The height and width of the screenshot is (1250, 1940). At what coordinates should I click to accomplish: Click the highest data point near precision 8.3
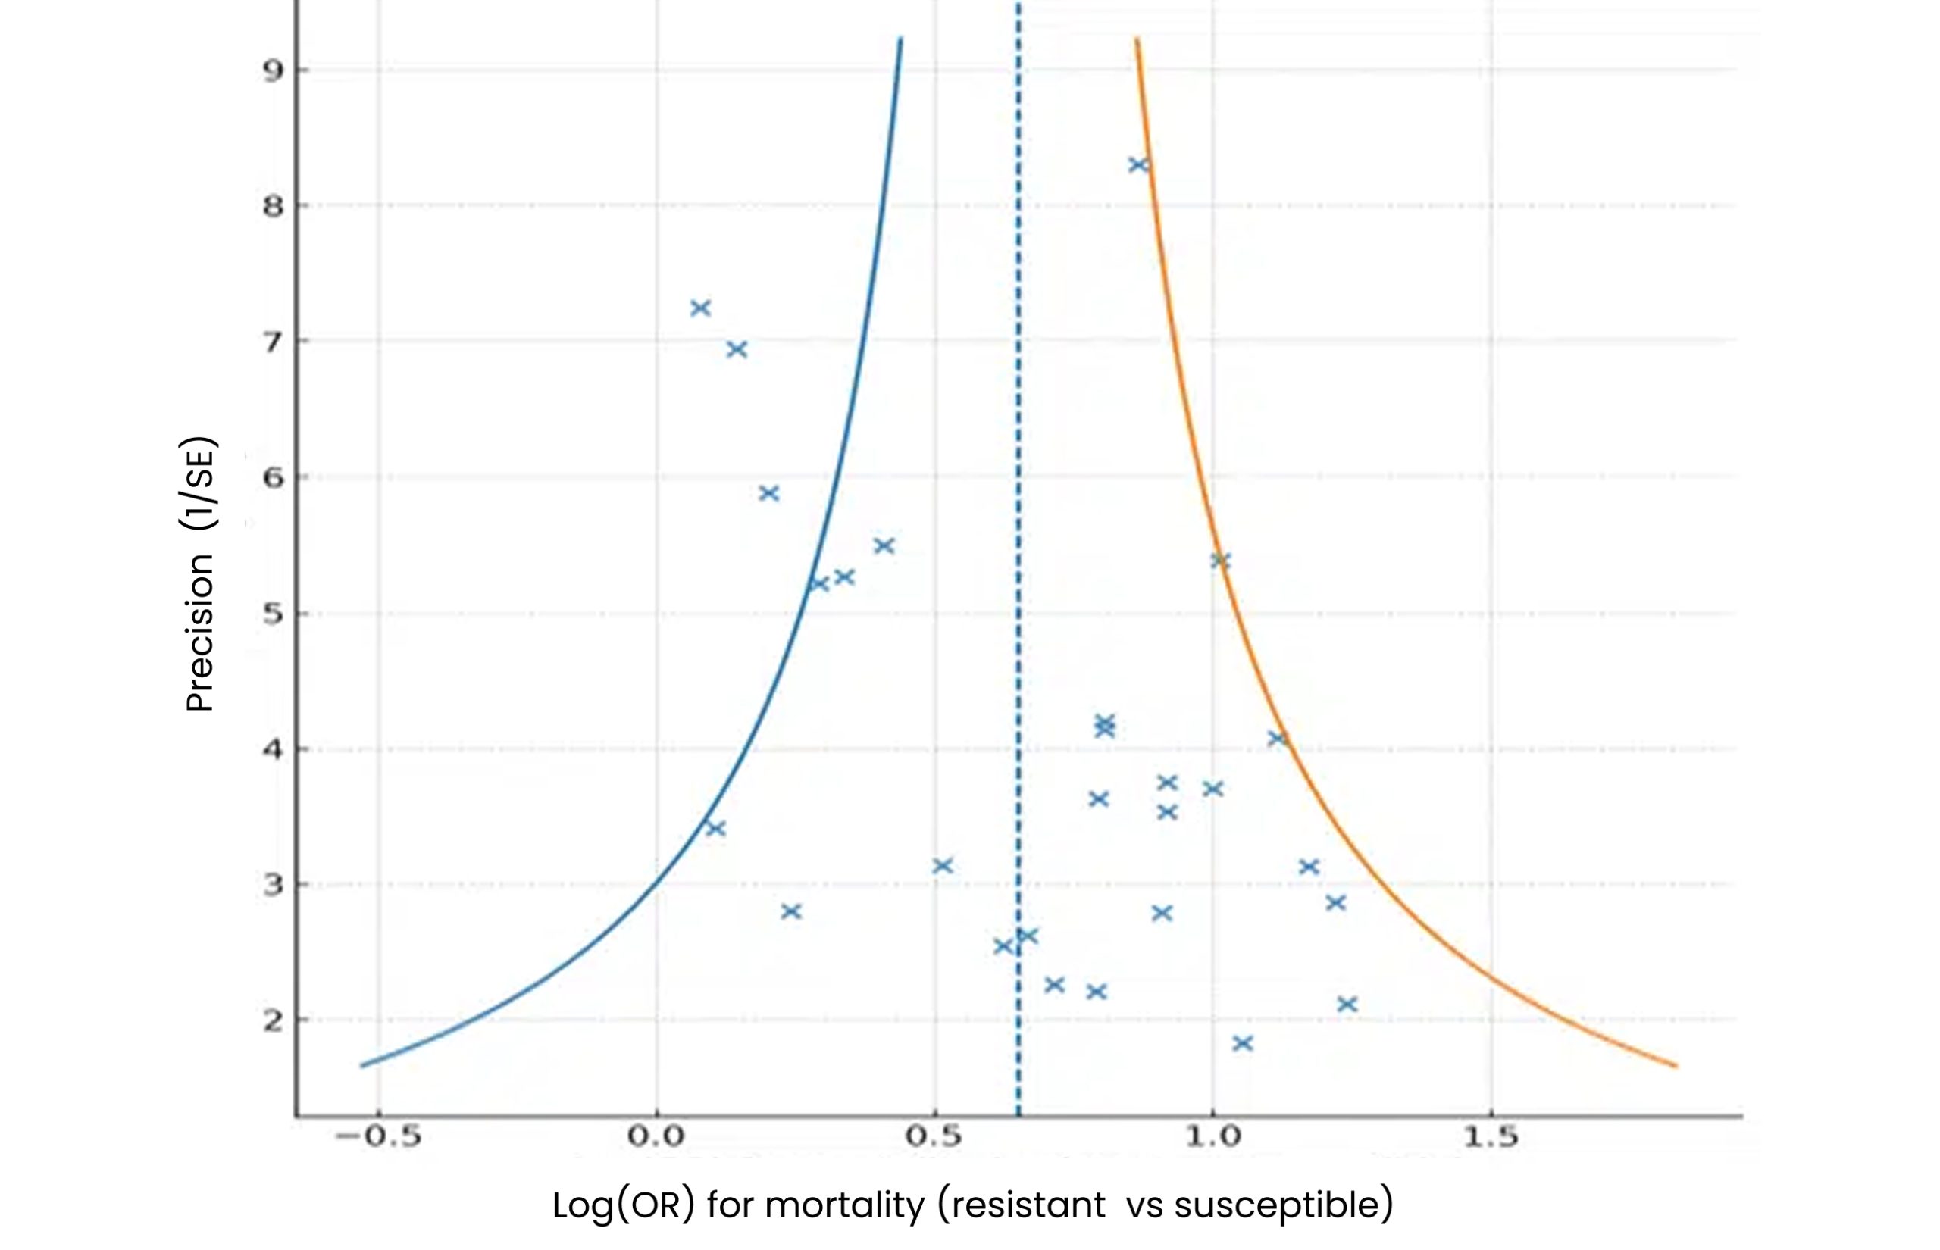coord(1138,165)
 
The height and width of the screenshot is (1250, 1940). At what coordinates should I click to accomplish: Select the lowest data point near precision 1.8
coord(1242,1043)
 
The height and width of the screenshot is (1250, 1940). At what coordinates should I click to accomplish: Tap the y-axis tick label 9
coord(274,71)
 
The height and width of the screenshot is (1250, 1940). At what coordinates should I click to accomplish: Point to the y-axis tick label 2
coord(274,1020)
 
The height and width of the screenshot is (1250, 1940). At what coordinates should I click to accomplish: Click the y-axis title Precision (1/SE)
coord(199,575)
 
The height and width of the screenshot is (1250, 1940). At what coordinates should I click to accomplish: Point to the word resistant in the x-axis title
coord(1028,1205)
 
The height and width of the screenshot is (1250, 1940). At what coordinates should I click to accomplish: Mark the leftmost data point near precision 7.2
coord(700,308)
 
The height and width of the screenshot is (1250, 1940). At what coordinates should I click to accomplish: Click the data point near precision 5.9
coord(768,493)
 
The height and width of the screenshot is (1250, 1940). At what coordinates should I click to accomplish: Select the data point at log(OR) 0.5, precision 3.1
coord(942,866)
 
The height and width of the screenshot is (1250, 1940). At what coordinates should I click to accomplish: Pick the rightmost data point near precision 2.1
coord(1347,1004)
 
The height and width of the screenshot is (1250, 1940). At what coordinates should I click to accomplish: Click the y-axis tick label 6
coord(274,478)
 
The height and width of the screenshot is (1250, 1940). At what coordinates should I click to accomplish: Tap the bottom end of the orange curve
coord(1676,1065)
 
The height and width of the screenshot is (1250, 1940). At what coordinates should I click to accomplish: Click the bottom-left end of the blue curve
coord(363,1065)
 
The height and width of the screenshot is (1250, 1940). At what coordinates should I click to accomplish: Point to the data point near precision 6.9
coord(737,350)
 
